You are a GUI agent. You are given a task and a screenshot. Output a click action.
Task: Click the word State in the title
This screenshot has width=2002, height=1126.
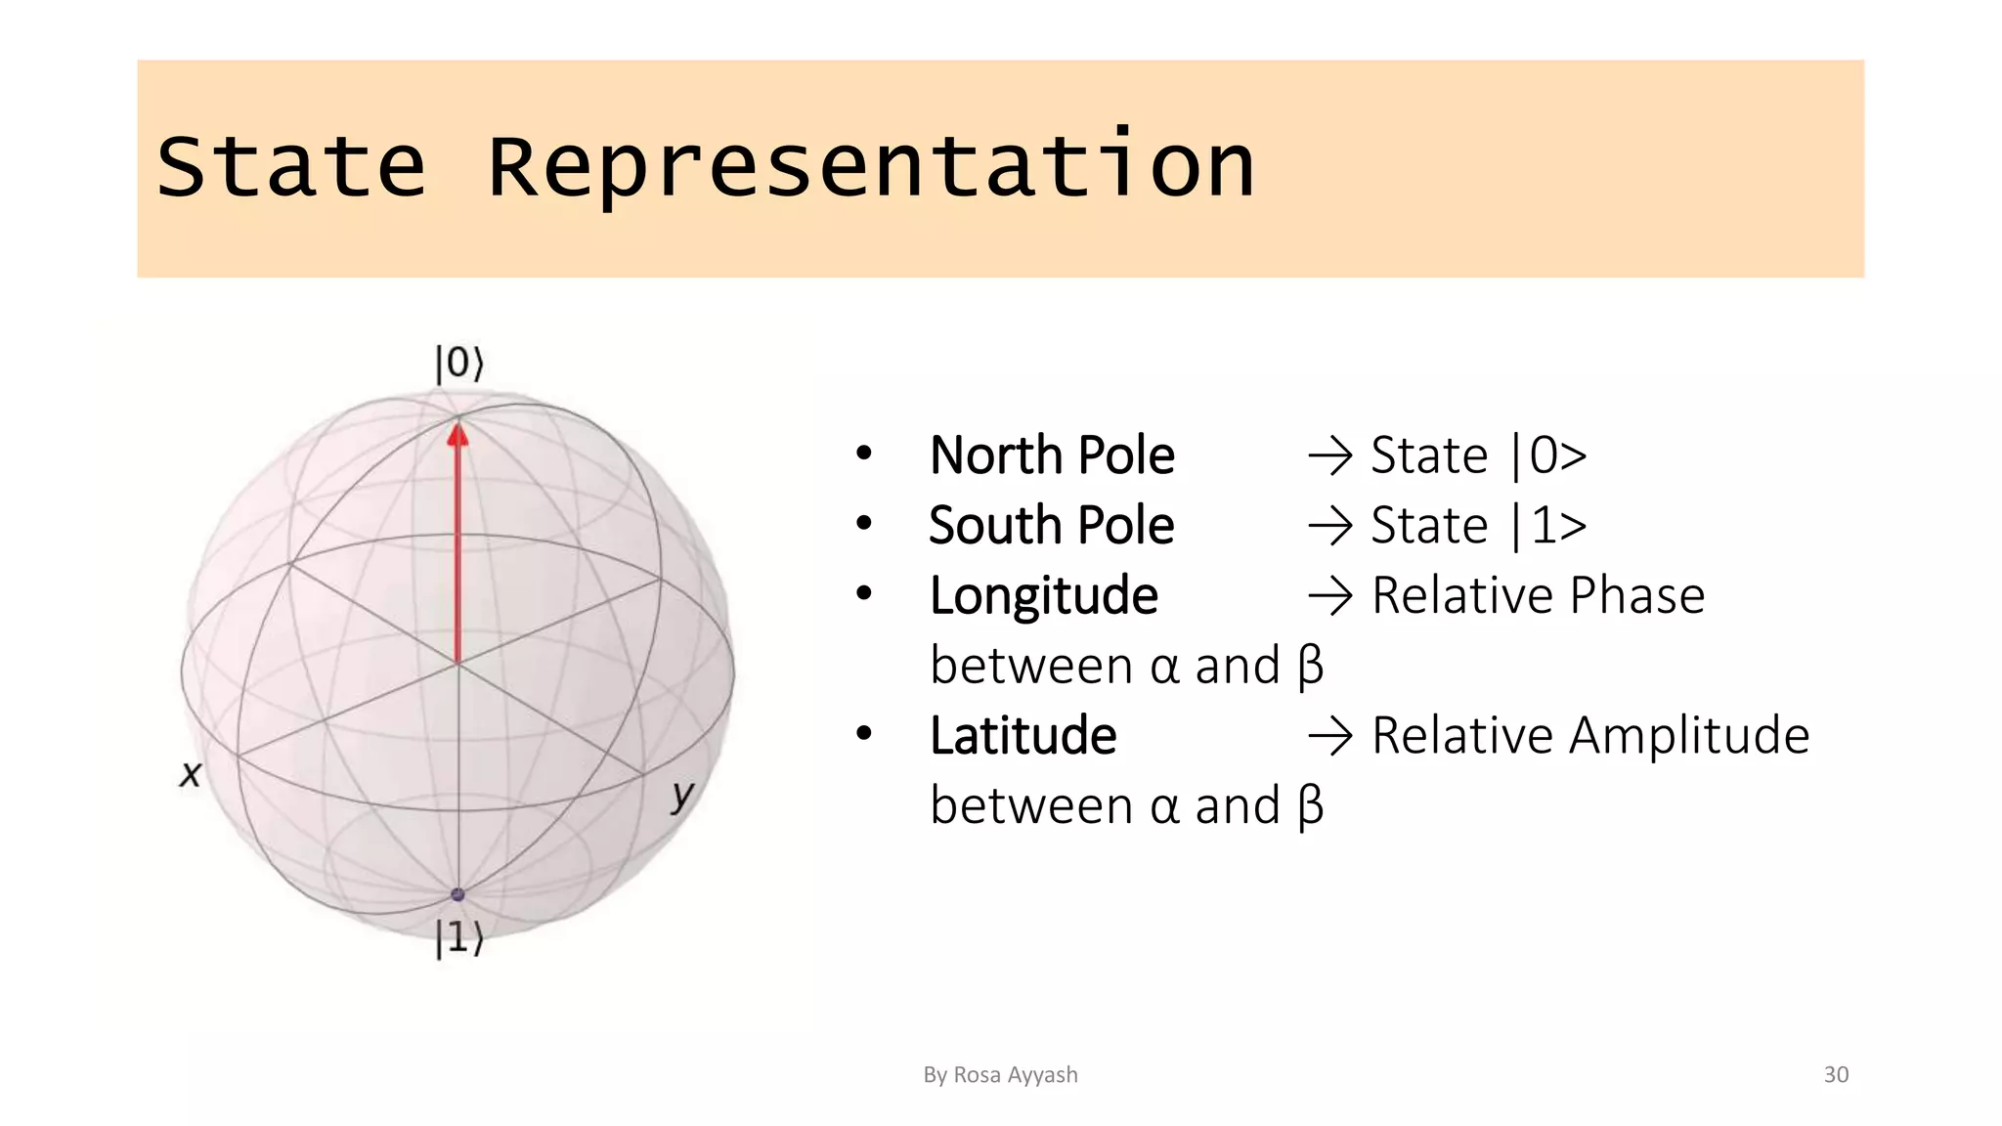[x=291, y=167]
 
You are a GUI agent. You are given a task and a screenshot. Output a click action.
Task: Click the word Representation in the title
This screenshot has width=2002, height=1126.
[x=870, y=167]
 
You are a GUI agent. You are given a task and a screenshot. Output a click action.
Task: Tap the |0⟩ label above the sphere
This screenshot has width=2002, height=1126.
[x=458, y=363]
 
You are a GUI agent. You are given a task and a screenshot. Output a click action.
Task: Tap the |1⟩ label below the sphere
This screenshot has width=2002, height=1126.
[x=458, y=937]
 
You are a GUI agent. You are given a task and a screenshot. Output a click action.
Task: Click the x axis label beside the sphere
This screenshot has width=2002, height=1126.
[x=191, y=774]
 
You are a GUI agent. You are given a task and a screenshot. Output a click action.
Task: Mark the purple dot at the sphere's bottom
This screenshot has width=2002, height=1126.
[x=457, y=894]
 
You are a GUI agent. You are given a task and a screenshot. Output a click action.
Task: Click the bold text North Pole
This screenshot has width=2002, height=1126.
[x=1052, y=455]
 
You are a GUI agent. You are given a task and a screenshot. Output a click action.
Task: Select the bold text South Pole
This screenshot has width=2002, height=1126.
[x=1051, y=526]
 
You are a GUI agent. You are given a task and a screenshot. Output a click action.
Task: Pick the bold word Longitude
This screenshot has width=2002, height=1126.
[x=1043, y=596]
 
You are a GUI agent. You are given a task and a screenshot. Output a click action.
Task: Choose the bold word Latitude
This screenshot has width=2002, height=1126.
[x=1023, y=736]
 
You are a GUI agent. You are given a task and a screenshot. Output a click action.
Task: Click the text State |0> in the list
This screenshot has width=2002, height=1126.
[x=1478, y=455]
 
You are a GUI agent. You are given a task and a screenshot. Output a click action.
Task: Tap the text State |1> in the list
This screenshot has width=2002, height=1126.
[x=1478, y=526]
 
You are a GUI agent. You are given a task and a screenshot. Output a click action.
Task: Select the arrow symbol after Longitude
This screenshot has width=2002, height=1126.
[x=1330, y=596]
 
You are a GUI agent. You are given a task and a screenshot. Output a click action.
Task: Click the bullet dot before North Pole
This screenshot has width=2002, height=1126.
[x=863, y=454]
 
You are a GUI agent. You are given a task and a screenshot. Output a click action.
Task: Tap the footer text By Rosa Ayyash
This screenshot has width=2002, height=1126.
[x=1000, y=1075]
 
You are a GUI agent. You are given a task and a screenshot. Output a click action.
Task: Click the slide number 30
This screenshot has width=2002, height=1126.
[x=1836, y=1075]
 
